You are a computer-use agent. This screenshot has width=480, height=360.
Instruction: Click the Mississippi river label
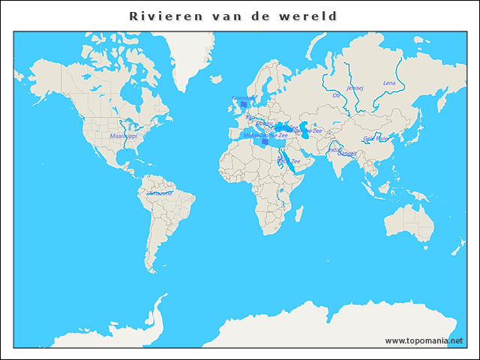click(123, 136)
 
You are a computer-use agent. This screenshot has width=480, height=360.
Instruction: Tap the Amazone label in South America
click(160, 193)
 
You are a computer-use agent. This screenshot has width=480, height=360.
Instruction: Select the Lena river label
click(388, 82)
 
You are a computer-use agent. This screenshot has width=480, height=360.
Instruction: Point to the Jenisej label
click(355, 88)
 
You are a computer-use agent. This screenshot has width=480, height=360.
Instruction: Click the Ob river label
click(335, 95)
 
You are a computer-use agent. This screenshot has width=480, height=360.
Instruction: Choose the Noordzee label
click(243, 97)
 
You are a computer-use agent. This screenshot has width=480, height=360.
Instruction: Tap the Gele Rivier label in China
click(376, 139)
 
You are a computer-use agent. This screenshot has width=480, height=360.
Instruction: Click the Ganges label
click(347, 154)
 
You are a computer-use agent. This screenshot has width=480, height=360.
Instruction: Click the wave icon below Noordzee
click(243, 104)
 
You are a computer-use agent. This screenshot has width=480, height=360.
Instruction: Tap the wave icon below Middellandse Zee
click(265, 142)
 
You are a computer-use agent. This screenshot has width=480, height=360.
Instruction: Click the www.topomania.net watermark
click(424, 340)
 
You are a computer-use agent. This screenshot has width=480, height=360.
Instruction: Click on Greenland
click(187, 56)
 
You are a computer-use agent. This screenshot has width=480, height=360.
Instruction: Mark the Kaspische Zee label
click(307, 130)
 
